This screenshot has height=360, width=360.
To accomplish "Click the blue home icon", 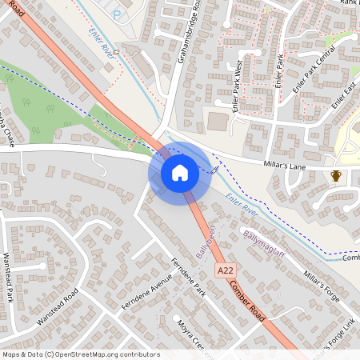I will pos(180,172).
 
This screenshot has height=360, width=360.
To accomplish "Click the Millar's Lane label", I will pos(286,165).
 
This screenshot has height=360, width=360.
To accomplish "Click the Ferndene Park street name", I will pos(188,278).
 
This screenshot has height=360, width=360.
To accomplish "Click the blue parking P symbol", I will pos(118,15).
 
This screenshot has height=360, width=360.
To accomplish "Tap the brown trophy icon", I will pos(336,175).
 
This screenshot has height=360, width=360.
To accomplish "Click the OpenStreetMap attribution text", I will pos(80,354).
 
